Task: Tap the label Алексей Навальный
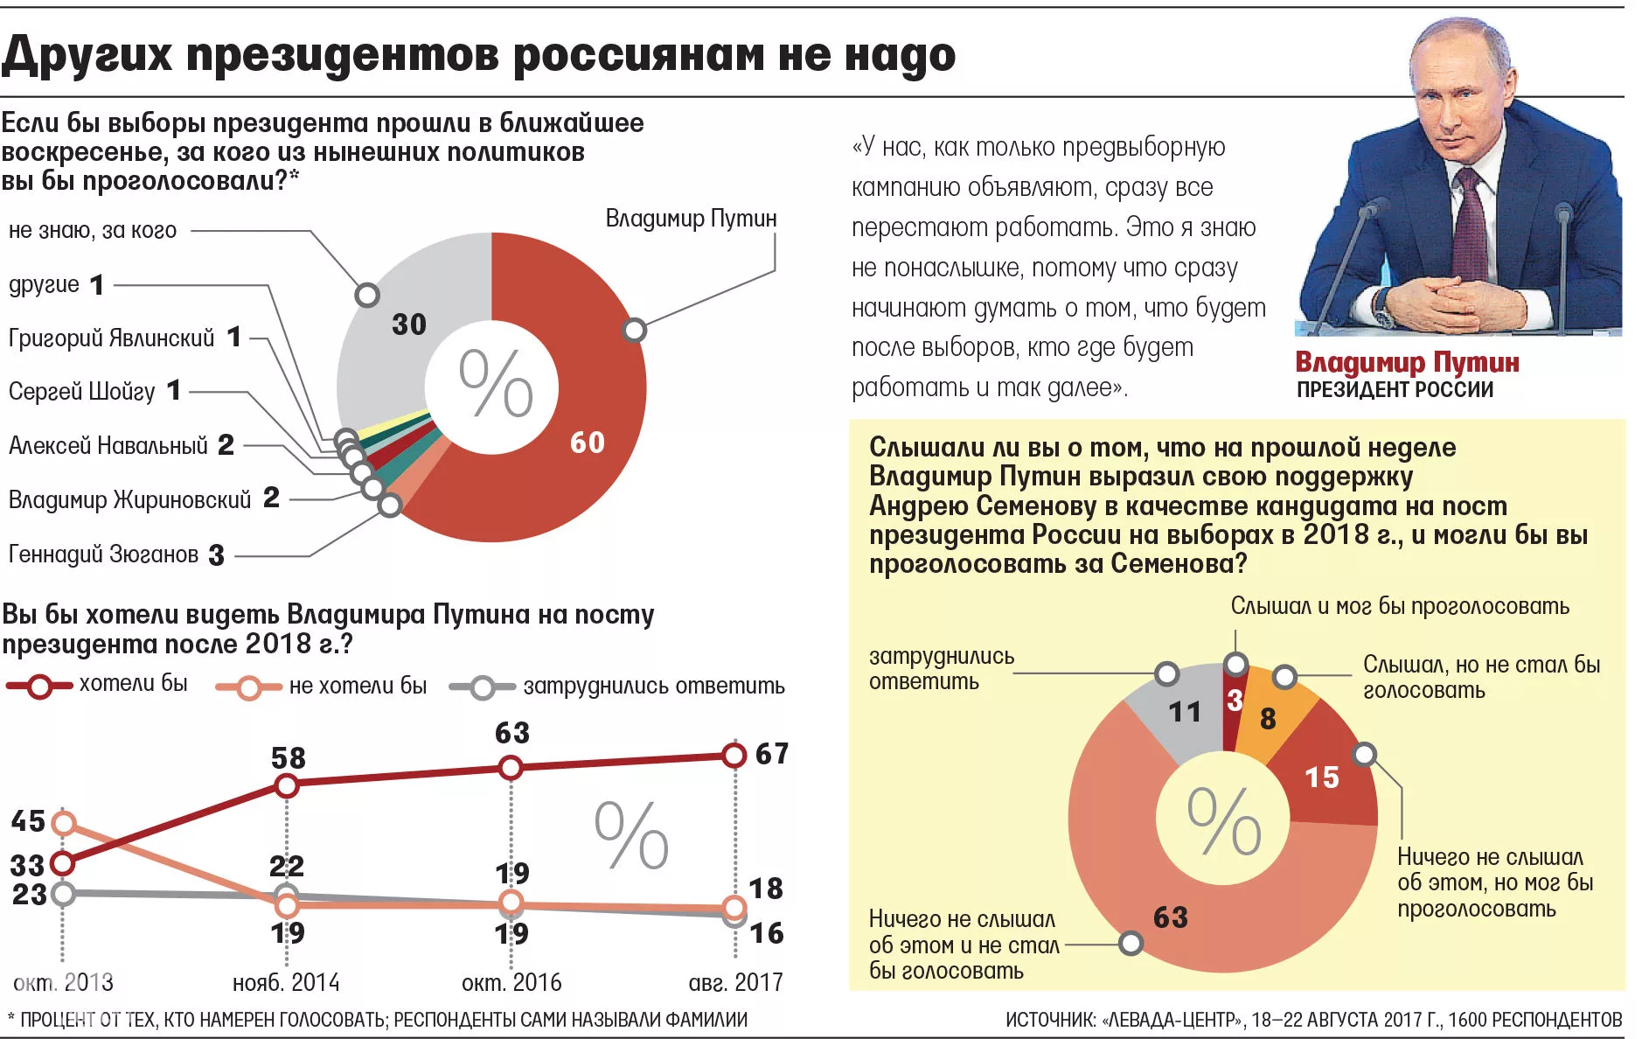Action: [x=108, y=446]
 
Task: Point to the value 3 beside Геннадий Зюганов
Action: [x=216, y=555]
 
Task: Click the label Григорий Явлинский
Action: [x=111, y=338]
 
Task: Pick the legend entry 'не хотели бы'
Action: [x=358, y=686]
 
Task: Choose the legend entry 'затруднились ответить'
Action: [x=653, y=687]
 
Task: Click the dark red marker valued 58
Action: [x=287, y=786]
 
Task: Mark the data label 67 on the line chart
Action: [x=772, y=754]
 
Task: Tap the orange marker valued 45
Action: [x=63, y=822]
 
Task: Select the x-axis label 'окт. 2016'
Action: [x=511, y=983]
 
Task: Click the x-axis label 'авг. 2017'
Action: [x=735, y=983]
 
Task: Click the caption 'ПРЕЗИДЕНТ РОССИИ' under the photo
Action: [x=1395, y=390]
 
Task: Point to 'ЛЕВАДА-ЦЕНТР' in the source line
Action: [x=1172, y=1020]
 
